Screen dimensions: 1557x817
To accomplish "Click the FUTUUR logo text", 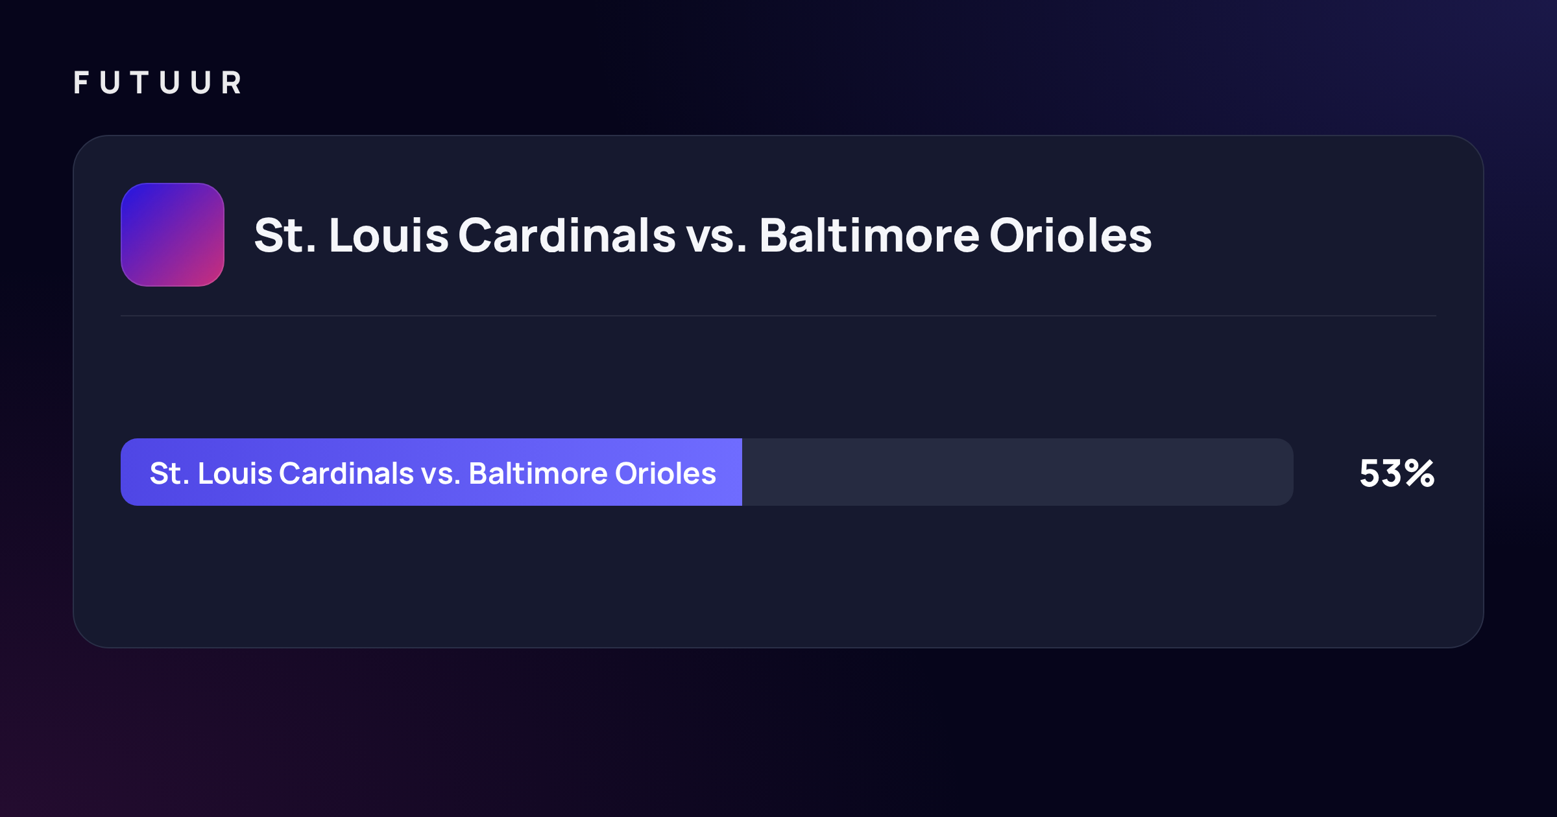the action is point(158,83).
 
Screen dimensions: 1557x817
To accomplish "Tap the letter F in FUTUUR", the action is point(81,83).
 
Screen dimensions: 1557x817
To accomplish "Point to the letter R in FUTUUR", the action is point(232,83).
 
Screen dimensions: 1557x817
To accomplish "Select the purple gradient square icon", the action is point(173,235).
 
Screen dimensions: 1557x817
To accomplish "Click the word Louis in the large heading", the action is point(389,235).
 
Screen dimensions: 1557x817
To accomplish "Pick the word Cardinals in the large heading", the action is point(568,235).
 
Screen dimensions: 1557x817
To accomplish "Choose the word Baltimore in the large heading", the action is point(869,235).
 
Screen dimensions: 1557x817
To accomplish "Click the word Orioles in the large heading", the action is point(1070,235).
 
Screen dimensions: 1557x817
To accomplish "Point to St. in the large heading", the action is point(285,235).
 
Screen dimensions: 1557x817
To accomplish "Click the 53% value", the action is point(1397,473).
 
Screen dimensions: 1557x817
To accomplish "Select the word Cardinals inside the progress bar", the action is point(346,473).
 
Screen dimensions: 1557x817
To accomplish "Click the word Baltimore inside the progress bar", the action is point(538,473).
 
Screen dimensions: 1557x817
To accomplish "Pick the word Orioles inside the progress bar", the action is point(666,473).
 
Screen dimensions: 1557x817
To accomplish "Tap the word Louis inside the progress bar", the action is point(235,473).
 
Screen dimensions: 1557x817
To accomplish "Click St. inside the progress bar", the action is point(170,473).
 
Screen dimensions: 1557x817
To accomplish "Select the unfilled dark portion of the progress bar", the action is point(1018,472).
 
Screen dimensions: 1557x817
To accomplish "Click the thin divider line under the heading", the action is point(779,316).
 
